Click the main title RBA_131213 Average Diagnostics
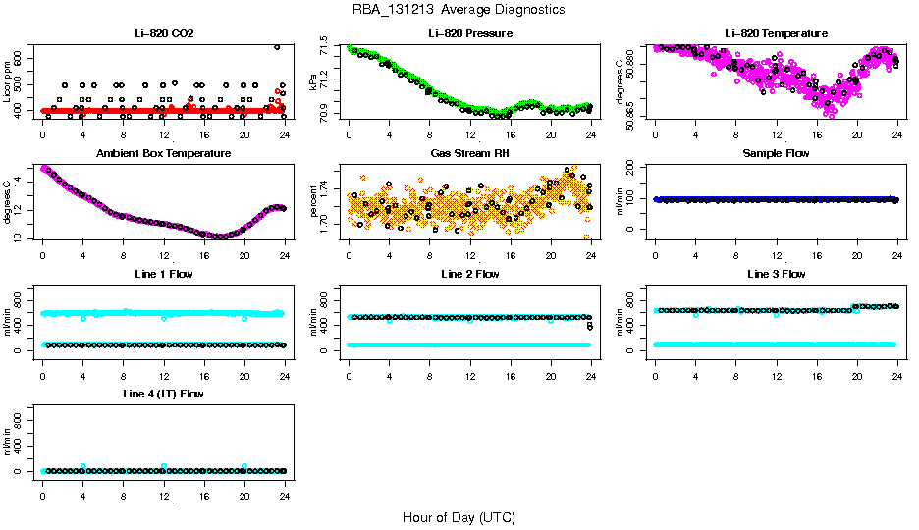(459, 9)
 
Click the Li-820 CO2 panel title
(164, 33)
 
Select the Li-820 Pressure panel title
(470, 33)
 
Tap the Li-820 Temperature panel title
(776, 33)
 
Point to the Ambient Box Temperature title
(164, 153)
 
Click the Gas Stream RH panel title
(470, 153)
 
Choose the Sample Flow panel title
(776, 153)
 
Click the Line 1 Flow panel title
(164, 274)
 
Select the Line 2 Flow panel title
(470, 274)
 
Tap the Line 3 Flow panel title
(776, 274)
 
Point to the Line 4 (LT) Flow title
(164, 394)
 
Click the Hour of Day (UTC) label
(459, 516)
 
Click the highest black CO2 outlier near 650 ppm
(277, 47)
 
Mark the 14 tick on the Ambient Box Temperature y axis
(22, 184)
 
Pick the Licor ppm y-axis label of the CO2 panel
(8, 84)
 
